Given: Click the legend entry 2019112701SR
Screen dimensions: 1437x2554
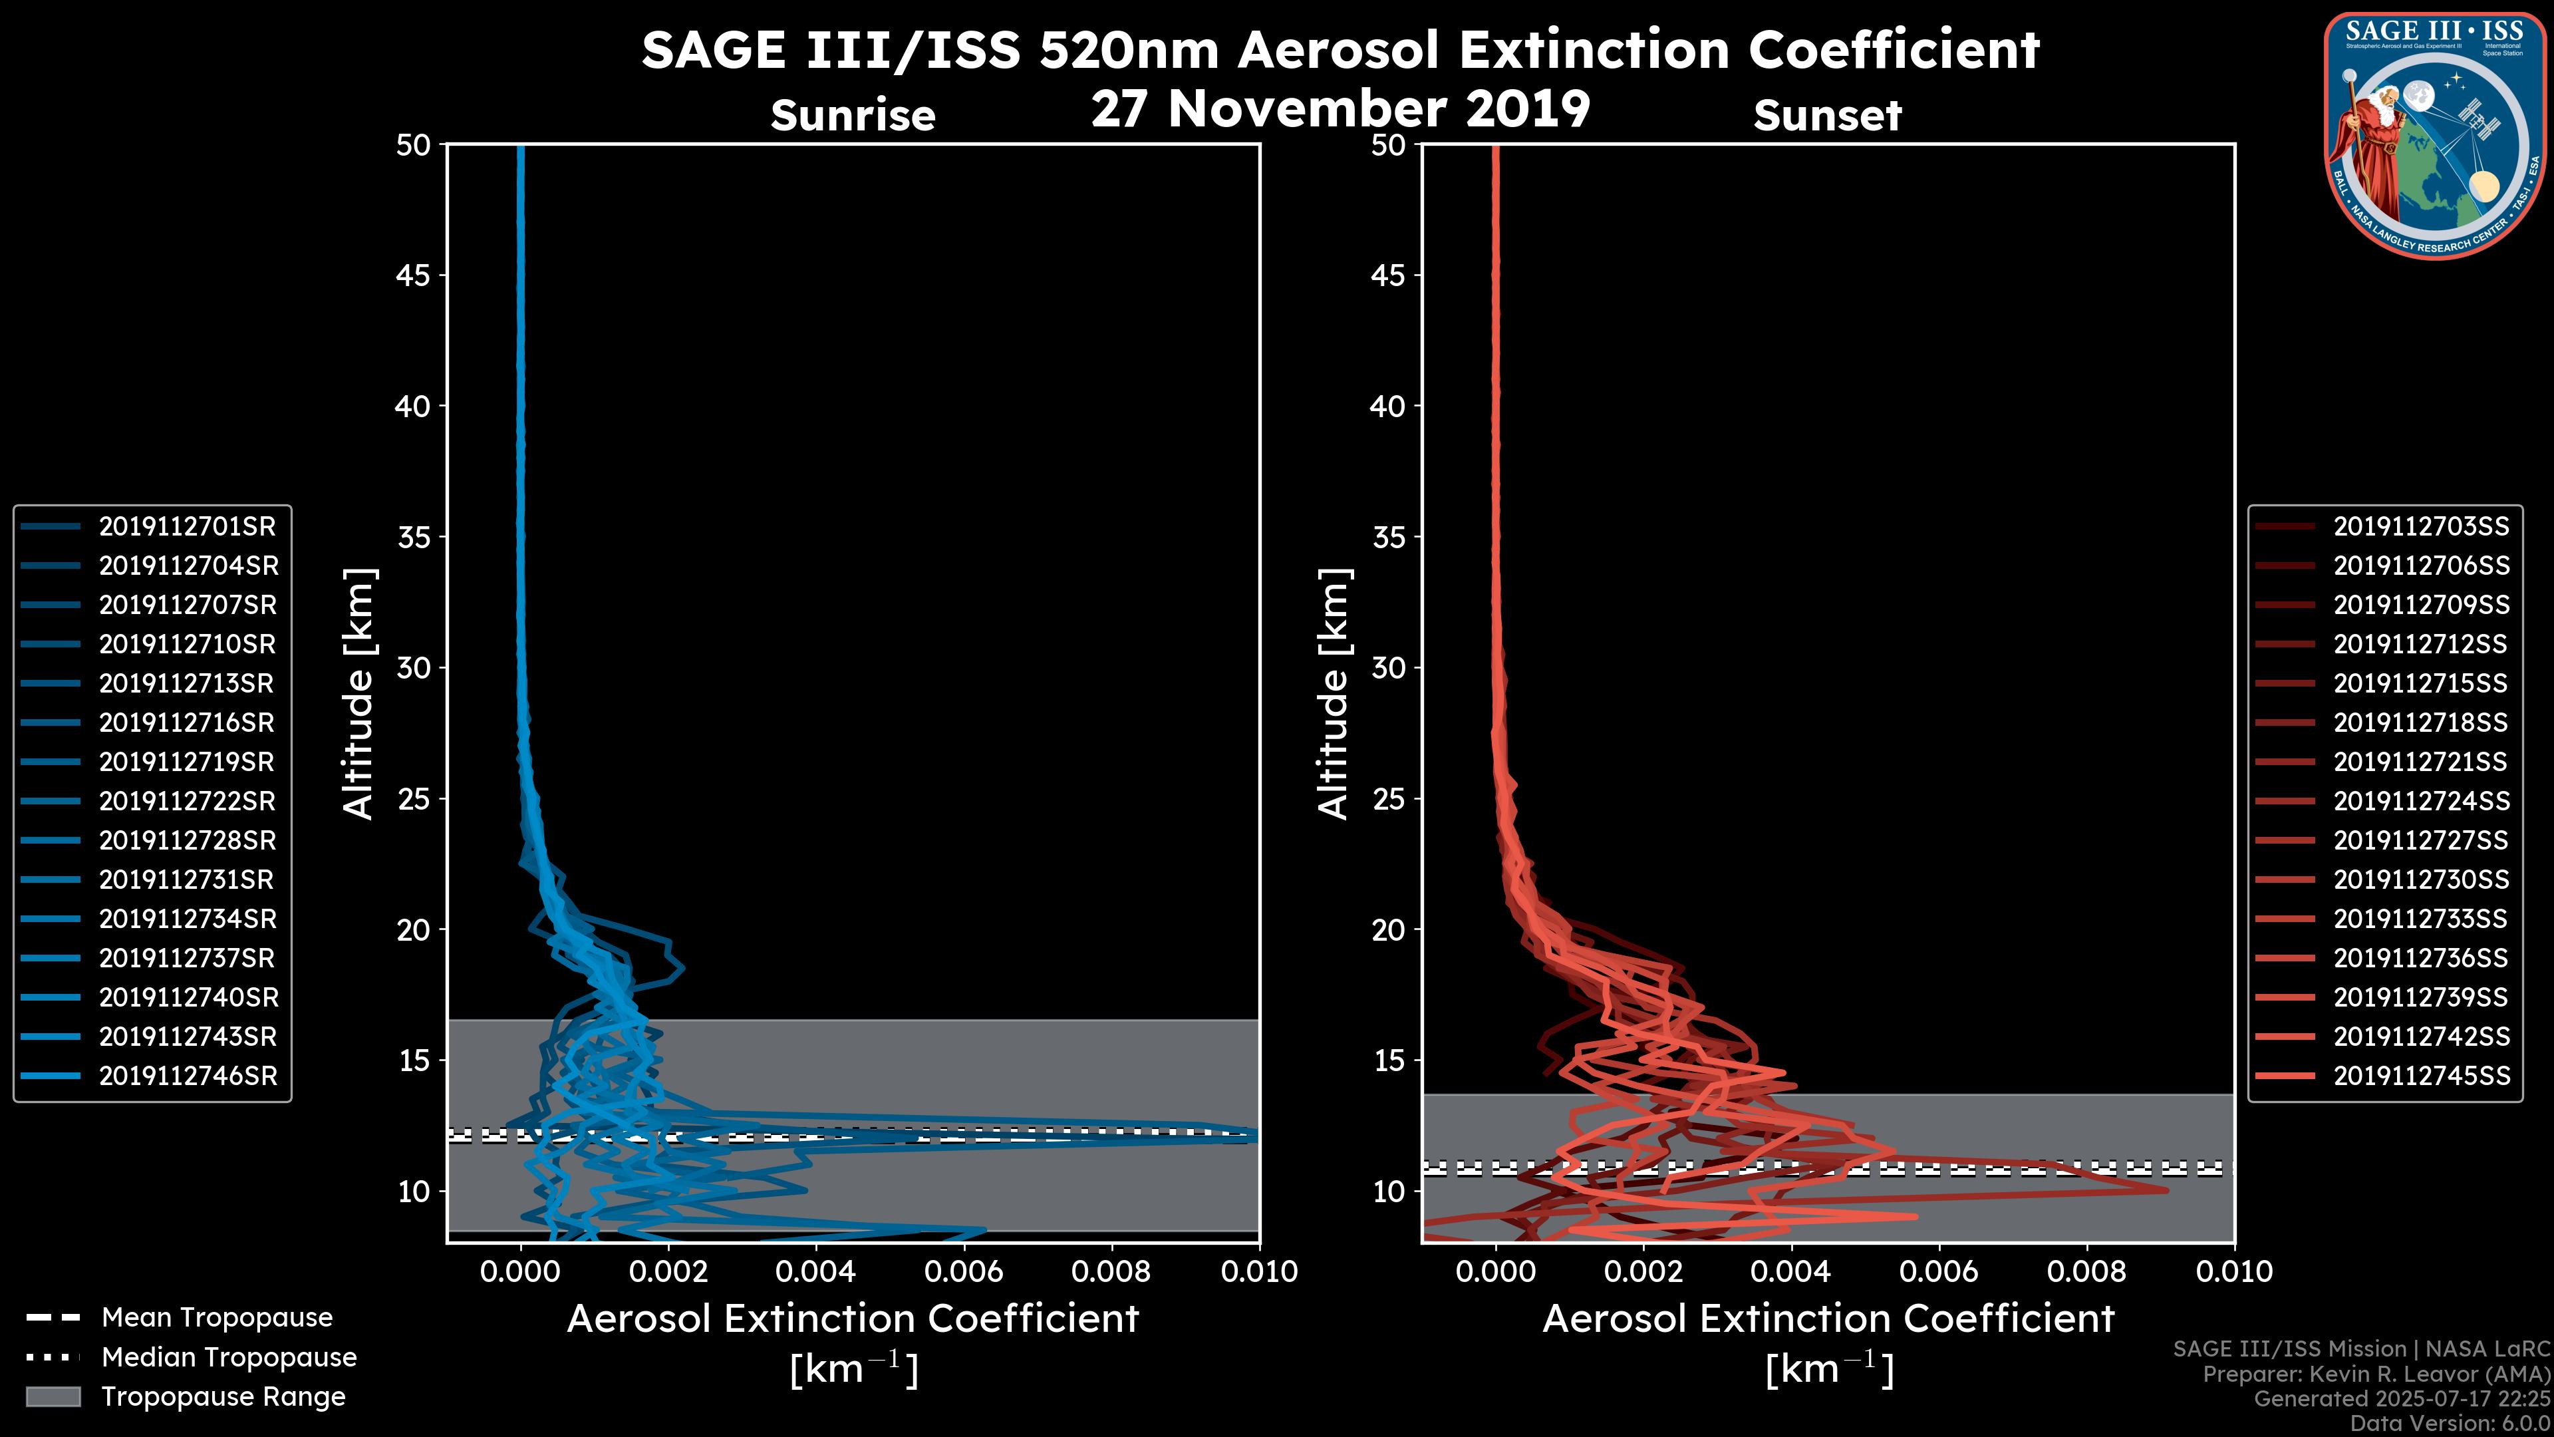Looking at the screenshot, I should click(x=186, y=527).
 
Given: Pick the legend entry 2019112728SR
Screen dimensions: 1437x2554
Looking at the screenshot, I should click(x=186, y=841).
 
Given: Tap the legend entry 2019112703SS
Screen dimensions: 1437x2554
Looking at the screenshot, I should click(x=2420, y=527).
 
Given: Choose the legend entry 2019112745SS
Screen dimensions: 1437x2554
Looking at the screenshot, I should click(x=2420, y=1076).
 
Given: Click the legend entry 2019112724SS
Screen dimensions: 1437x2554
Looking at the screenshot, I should click(x=2420, y=801).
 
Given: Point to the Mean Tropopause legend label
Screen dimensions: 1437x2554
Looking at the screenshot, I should click(x=216, y=1318).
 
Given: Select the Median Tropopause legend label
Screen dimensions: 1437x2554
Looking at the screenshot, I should click(x=228, y=1358).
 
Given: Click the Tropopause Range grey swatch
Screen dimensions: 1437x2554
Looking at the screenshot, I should click(x=53, y=1396).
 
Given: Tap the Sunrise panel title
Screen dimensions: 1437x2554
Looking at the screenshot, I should click(x=853, y=116).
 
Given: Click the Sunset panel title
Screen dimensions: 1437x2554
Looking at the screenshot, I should click(x=1827, y=116).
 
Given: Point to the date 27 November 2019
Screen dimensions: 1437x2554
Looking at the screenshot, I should click(x=1340, y=109).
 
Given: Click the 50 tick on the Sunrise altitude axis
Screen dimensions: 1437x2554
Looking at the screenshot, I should click(x=414, y=145).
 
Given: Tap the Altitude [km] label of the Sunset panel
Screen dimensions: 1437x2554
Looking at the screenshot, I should click(x=1334, y=694).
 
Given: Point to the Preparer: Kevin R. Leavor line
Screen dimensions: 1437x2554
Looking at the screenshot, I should click(x=2376, y=1374).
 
